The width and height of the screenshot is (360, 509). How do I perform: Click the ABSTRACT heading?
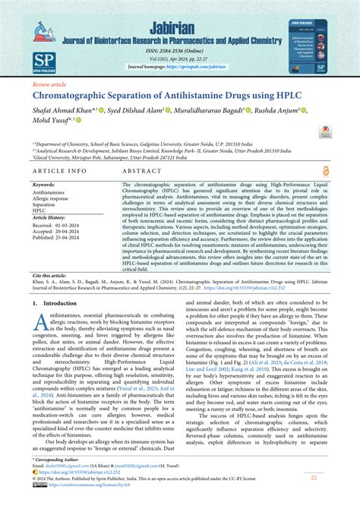[143, 172]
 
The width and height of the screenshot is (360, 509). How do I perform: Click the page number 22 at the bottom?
[313, 477]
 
